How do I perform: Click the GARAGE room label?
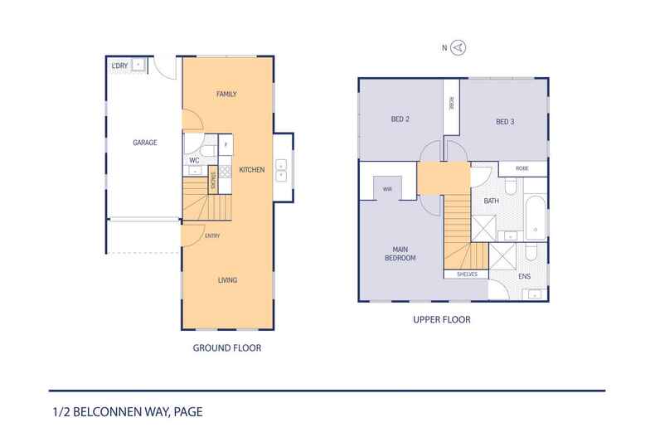(x=145, y=143)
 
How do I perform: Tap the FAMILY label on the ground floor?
(x=226, y=94)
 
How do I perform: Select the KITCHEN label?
(x=252, y=170)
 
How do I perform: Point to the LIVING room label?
(x=228, y=280)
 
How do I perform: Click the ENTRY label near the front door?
(x=212, y=235)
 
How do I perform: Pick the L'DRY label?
(x=120, y=66)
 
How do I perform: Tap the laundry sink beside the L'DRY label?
(x=138, y=65)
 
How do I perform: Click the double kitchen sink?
(x=281, y=170)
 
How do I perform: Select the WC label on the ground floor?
(x=194, y=160)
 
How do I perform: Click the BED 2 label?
(x=400, y=119)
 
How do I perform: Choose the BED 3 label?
(x=505, y=122)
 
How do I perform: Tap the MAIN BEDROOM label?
(x=400, y=254)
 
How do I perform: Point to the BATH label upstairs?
(x=491, y=201)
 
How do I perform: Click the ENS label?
(x=524, y=276)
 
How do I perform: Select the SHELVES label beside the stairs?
(x=467, y=274)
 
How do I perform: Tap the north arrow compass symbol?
(x=458, y=47)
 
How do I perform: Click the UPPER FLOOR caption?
(x=442, y=319)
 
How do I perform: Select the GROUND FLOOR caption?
(x=227, y=347)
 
